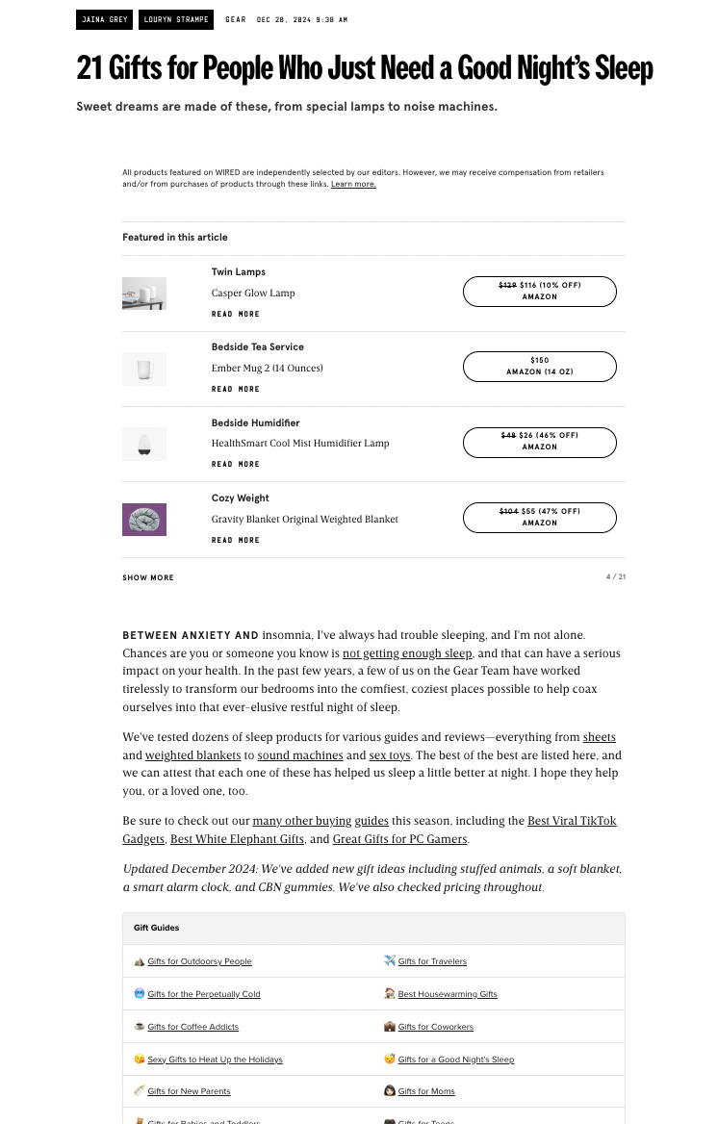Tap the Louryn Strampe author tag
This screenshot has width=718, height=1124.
pos(176,19)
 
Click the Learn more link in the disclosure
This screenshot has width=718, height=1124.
pos(353,184)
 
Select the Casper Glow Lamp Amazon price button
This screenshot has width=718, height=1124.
pos(539,291)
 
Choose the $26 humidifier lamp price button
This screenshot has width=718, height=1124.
pos(539,442)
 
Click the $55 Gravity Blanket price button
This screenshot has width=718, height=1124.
pos(539,517)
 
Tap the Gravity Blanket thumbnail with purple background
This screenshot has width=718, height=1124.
pos(144,520)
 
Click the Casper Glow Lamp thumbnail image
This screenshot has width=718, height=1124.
pos(144,294)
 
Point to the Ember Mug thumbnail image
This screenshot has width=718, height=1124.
pos(144,369)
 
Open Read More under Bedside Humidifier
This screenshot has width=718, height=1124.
pos(236,465)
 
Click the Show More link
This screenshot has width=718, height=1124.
pos(148,577)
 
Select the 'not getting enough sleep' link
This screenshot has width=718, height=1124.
pos(407,653)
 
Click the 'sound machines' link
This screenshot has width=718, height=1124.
pos(299,755)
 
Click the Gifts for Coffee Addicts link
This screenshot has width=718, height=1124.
pos(192,1027)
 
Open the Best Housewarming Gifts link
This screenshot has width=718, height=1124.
pos(448,994)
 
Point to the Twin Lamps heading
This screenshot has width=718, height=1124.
pos(239,272)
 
